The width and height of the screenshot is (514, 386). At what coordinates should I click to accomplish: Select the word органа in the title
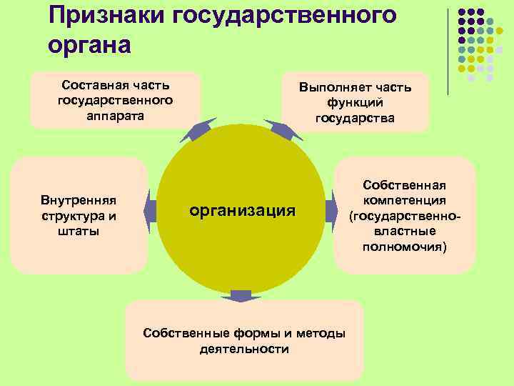click(90, 44)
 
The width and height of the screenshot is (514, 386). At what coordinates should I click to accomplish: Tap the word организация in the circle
click(242, 210)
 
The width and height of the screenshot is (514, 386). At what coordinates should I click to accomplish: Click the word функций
click(355, 103)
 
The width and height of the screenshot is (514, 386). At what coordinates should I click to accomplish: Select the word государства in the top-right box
click(355, 118)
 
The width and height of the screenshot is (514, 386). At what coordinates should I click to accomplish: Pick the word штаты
click(79, 231)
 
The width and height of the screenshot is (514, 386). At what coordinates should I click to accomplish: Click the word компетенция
click(404, 200)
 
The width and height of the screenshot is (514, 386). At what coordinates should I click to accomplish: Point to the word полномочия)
click(404, 247)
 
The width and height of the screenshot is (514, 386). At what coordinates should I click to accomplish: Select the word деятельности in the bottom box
click(244, 350)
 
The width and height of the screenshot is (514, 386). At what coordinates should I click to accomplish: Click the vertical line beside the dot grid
click(448, 50)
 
